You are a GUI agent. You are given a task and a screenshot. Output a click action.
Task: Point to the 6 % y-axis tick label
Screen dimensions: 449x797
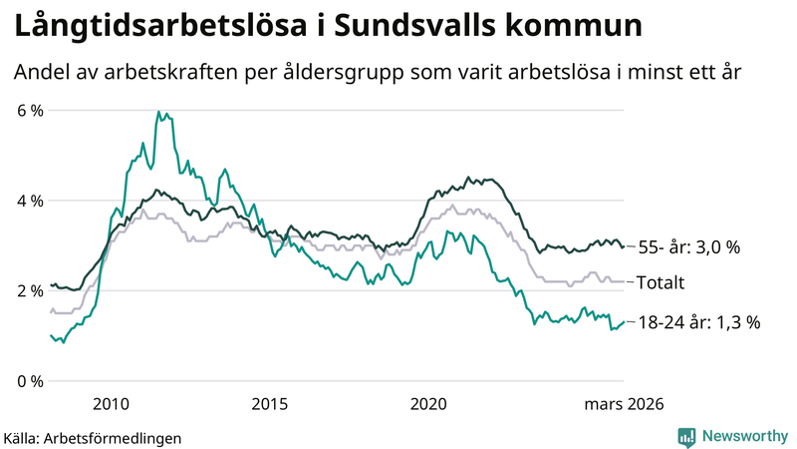[x=30, y=110]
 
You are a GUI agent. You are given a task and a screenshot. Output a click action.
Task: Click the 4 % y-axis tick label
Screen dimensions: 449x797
[x=30, y=201]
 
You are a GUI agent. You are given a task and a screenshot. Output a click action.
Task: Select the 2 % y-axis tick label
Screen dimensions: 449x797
[x=30, y=291]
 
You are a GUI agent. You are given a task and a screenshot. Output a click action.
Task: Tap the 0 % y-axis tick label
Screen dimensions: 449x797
[x=30, y=381]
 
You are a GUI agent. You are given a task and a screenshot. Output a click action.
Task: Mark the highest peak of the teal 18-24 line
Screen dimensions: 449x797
[x=158, y=113]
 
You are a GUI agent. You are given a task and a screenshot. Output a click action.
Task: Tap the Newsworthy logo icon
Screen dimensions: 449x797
[x=686, y=436]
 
